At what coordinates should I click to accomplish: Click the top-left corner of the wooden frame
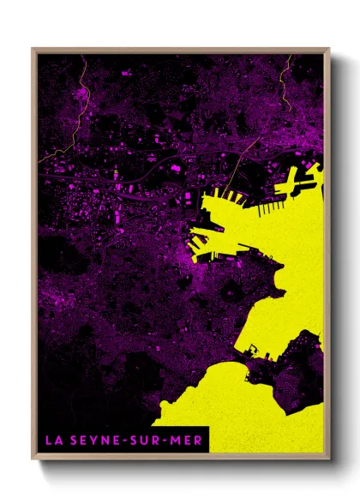click(33, 48)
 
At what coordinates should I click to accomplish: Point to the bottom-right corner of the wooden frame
click(328, 454)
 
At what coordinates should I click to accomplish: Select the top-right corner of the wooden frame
click(328, 48)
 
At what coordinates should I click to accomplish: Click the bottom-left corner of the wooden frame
click(33, 454)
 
